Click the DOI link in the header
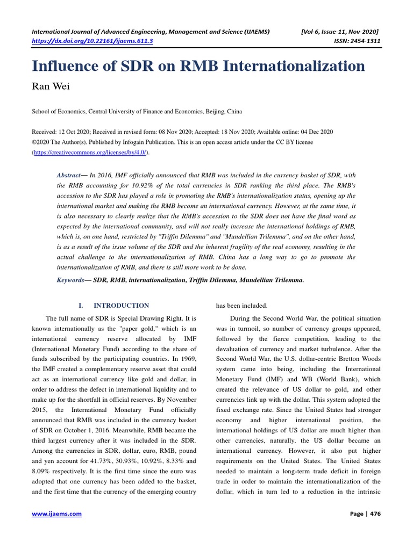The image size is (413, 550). click(x=92, y=40)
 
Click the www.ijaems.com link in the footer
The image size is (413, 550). click(x=57, y=514)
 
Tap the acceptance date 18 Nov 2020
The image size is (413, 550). click(x=246, y=132)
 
